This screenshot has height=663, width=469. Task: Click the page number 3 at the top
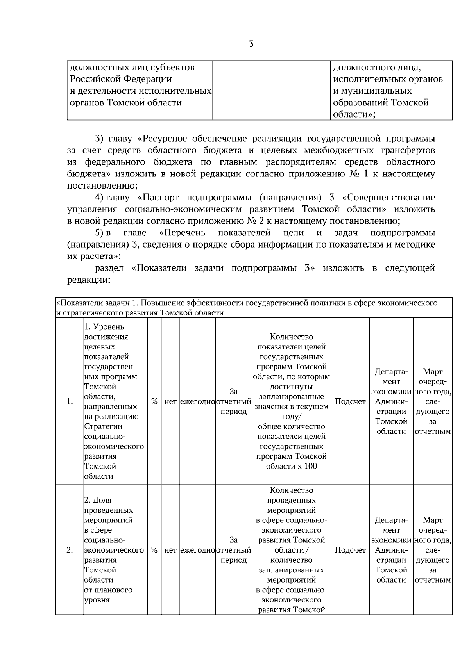point(251,44)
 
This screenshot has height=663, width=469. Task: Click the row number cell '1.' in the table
point(70,401)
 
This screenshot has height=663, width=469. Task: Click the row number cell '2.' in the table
point(70,550)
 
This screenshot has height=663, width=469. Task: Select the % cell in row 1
point(154,401)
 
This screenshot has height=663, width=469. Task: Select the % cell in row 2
point(154,550)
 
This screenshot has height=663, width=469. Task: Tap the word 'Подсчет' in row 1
point(350,401)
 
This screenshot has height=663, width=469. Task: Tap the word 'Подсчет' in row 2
point(350,550)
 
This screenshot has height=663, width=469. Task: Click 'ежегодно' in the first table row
point(197,401)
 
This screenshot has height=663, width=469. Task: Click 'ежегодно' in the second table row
point(197,550)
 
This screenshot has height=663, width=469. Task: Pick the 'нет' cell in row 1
point(170,401)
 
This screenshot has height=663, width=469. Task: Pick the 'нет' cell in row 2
point(170,550)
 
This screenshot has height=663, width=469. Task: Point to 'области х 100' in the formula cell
point(292,466)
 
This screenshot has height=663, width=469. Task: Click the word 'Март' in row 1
point(433,372)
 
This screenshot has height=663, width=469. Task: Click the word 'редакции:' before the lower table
point(88,280)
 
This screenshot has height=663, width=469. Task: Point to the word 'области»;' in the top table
point(354,114)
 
